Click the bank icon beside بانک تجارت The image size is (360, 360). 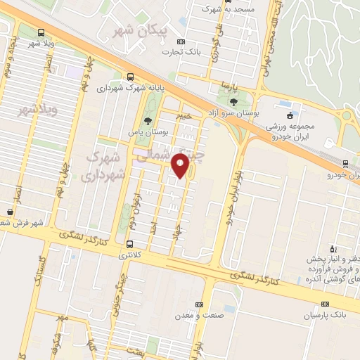181,41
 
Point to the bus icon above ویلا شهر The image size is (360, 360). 41,32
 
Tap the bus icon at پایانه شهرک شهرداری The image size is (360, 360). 129,77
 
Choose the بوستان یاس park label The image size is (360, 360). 146,131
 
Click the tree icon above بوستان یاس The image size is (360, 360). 146,120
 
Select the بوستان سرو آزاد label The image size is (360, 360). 233,112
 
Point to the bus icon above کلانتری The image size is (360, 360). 129,245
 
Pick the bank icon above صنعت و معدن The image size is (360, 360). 200,304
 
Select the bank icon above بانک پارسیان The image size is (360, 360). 324,304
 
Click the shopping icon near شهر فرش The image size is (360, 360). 10,212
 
